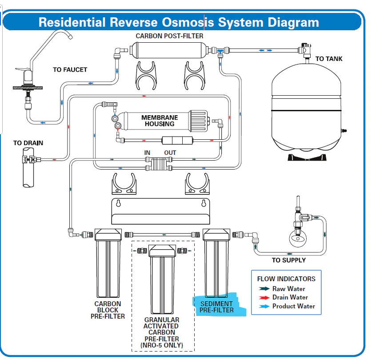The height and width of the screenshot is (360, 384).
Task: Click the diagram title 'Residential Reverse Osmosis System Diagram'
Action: tap(179, 22)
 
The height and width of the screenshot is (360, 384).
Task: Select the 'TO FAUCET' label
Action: tap(70, 69)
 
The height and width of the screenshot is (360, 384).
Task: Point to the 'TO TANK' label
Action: tap(329, 59)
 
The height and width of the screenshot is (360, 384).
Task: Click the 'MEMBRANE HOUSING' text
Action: tap(160, 121)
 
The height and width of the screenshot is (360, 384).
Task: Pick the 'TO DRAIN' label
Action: tap(28, 143)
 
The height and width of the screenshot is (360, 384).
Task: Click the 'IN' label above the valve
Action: tap(148, 153)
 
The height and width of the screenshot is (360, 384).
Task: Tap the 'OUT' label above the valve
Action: tap(170, 153)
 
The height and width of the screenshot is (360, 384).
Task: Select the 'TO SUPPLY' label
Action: tap(289, 260)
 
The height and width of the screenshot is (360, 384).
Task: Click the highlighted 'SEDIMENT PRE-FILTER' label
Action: tap(216, 307)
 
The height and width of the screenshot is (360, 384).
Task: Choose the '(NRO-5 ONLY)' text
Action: tap(161, 345)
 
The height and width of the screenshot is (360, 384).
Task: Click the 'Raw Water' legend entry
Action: tap(288, 289)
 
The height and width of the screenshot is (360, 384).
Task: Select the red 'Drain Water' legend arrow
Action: tap(265, 297)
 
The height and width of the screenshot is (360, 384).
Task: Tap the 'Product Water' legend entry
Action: tap(293, 306)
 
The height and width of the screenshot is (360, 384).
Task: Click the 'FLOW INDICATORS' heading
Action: tap(286, 279)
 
